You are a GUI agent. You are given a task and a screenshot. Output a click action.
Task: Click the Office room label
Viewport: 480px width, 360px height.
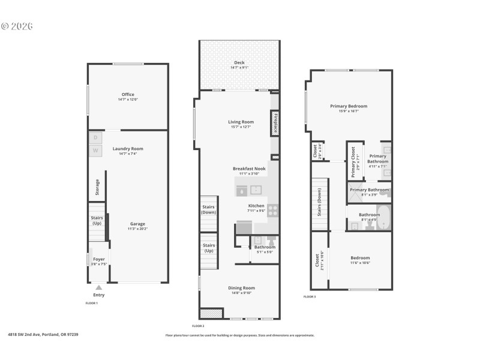point(128,94)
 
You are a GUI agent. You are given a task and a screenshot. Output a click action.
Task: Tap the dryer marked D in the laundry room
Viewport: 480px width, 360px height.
point(95,138)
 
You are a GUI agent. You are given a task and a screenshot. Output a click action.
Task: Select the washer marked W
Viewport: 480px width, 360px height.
point(95,150)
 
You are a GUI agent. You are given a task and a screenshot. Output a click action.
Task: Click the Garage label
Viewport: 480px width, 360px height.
point(137,224)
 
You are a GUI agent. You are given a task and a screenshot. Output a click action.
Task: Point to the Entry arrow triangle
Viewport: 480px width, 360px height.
point(99,288)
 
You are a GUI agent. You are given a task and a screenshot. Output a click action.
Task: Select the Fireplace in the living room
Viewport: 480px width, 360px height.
point(275,123)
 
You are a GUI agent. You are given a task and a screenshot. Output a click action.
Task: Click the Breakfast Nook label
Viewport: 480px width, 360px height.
point(248,169)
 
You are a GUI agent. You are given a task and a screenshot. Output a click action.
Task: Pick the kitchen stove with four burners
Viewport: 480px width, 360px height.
point(272,210)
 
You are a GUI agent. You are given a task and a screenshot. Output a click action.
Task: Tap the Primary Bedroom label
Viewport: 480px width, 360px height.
point(349,106)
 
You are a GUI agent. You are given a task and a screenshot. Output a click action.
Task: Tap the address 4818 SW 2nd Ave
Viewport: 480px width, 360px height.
point(43,334)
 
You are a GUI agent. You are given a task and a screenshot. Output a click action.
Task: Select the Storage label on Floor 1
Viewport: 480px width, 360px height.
point(98,188)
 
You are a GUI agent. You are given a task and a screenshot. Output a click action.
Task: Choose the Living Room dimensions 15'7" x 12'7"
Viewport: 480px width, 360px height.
point(241,127)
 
